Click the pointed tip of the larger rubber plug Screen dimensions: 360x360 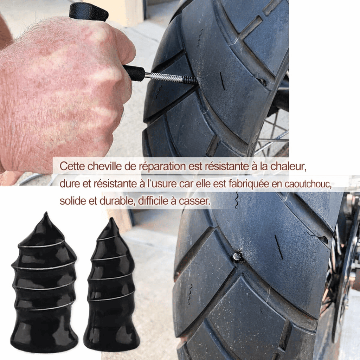pos(45,215)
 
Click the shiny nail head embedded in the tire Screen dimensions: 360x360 pos(238,257)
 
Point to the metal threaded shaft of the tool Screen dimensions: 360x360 pos(171,78)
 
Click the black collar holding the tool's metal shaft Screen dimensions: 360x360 pos(135,73)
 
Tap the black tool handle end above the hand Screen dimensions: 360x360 pos(89,11)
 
